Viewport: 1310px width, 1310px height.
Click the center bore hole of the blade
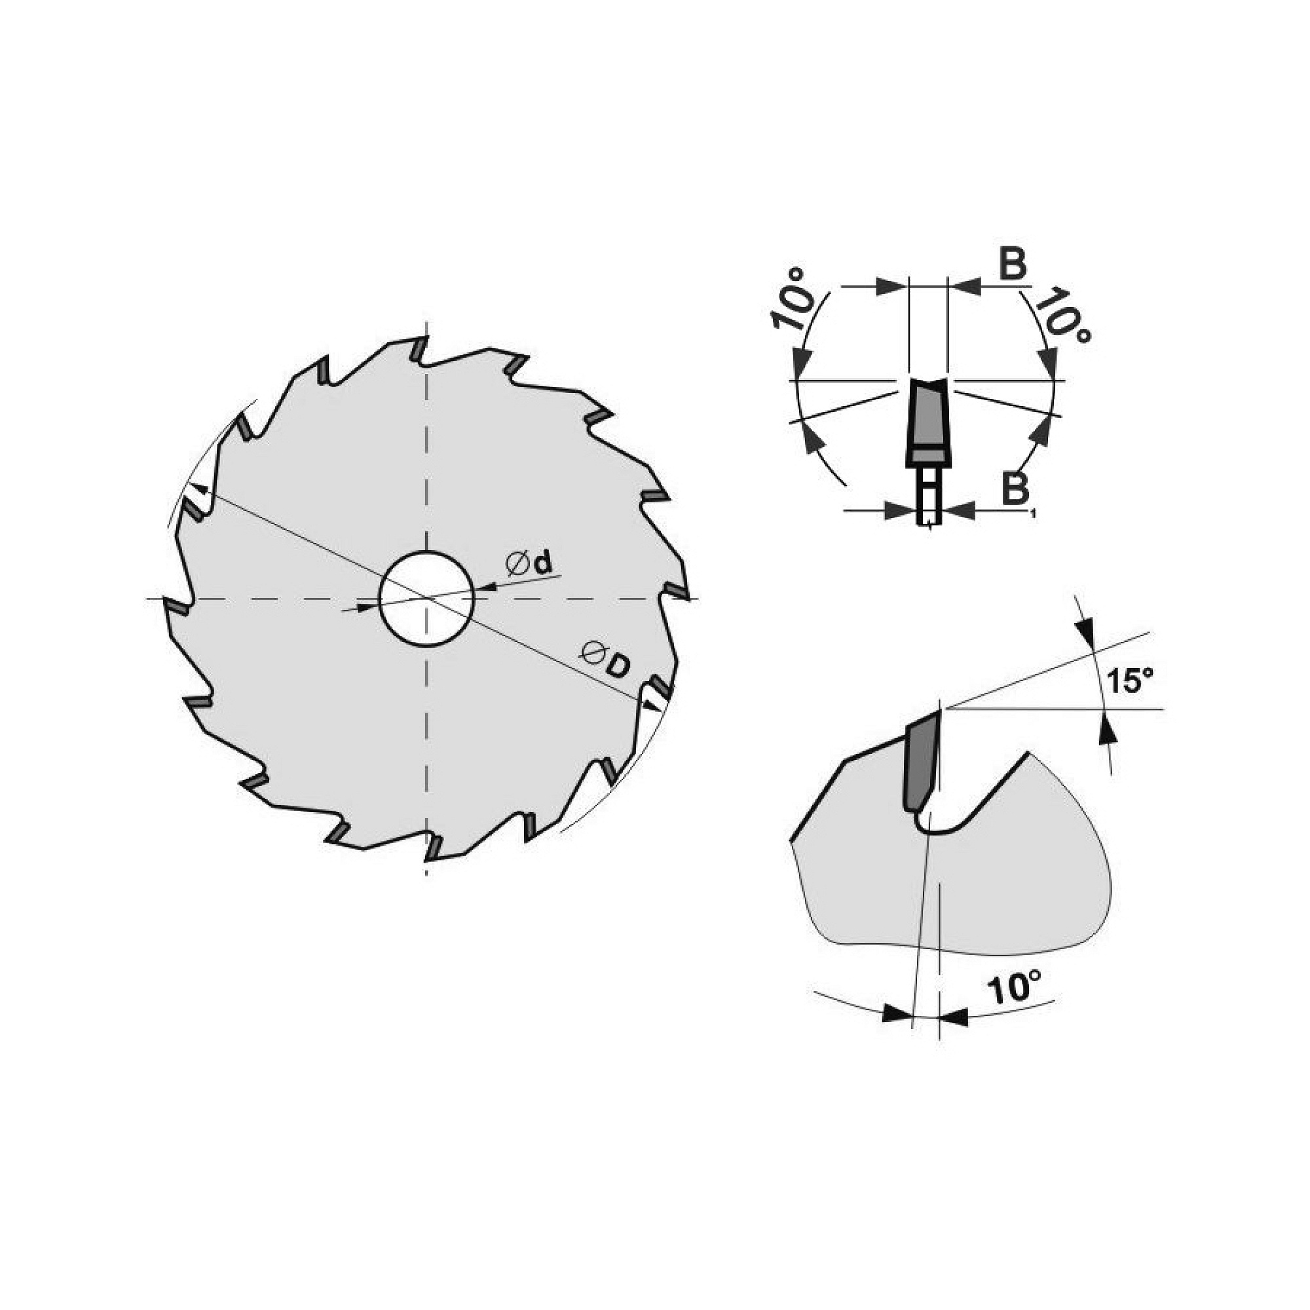426,599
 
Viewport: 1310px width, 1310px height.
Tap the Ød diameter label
529,564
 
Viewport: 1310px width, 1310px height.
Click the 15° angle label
1130,680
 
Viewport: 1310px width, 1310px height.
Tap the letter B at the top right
1013,263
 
